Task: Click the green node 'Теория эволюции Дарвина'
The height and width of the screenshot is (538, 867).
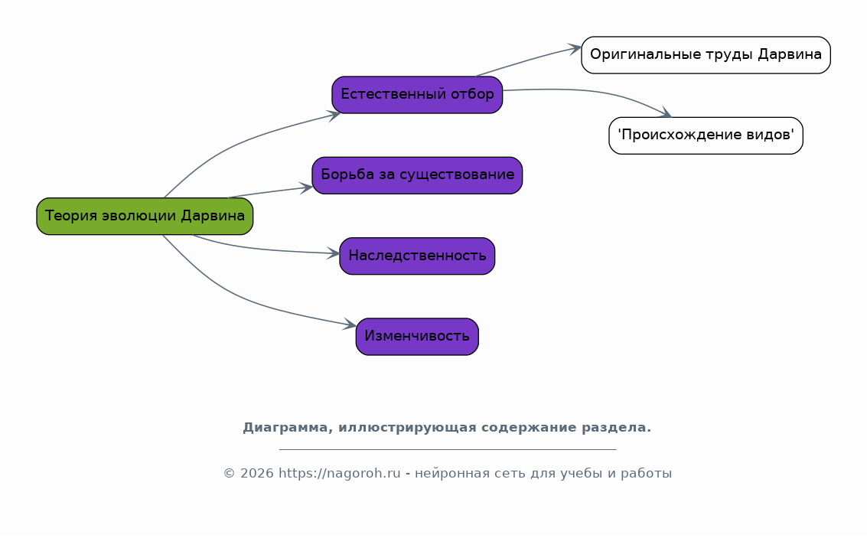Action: [145, 217]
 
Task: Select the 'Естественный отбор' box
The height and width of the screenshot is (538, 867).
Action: [418, 95]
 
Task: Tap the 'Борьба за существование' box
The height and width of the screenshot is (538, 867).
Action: [418, 175]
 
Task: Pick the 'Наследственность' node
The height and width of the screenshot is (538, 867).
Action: [418, 256]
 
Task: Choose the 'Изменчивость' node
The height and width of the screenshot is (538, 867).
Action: [418, 337]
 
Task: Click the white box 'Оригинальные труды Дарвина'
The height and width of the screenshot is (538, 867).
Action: [706, 55]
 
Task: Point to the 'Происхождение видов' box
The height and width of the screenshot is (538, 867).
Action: [706, 135]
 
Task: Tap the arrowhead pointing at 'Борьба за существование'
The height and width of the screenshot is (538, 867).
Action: [306, 188]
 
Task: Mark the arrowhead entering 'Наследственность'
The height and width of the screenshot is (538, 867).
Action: [334, 254]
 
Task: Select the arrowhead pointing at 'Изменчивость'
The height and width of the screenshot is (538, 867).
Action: [350, 324]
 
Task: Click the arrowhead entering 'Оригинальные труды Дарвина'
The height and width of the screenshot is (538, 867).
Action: [575, 49]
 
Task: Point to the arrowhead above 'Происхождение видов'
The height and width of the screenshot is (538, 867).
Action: [666, 112]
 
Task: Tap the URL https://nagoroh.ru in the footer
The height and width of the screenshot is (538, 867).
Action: [340, 474]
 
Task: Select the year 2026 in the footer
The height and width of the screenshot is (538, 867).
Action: [257, 474]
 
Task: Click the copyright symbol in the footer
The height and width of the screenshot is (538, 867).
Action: [230, 474]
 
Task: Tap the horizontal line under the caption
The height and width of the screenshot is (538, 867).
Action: [448, 449]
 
